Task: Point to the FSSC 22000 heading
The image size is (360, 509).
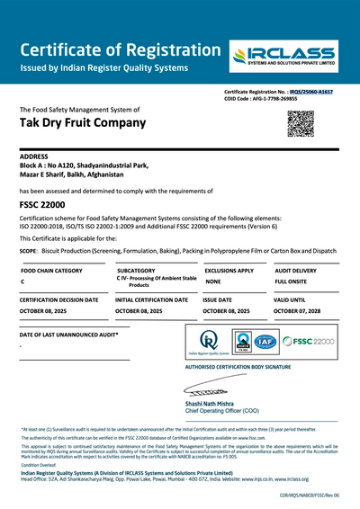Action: (41, 206)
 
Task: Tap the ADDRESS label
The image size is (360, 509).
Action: (33, 157)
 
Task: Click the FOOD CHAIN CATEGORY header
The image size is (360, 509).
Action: (51, 270)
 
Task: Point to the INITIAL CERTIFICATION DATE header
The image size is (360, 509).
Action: (152, 299)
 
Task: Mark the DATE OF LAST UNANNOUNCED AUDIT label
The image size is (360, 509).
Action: (68, 335)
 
